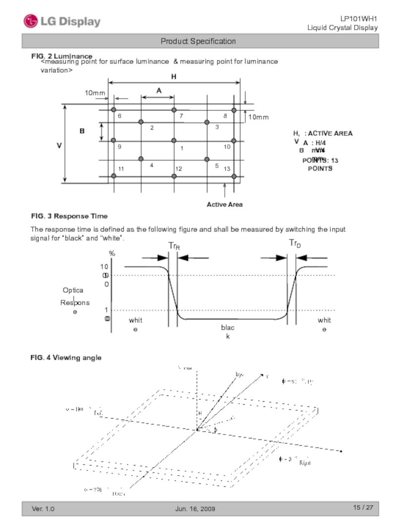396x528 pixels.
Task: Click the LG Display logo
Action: click(x=62, y=21)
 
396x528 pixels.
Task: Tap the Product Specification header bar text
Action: click(x=198, y=41)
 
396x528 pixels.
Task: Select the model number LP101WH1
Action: click(x=362, y=19)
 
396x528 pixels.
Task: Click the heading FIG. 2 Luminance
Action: click(x=61, y=56)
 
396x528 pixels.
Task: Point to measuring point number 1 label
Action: click(x=182, y=148)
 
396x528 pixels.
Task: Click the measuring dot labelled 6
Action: click(x=114, y=110)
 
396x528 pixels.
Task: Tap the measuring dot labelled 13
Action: click(x=234, y=176)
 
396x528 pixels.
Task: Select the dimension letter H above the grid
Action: click(x=174, y=77)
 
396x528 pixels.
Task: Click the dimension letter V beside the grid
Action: click(x=59, y=145)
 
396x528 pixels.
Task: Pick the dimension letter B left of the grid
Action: click(x=82, y=131)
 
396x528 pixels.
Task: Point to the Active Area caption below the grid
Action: click(x=225, y=204)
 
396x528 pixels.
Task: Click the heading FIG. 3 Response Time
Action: click(x=69, y=216)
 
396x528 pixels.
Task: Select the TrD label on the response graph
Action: click(x=295, y=243)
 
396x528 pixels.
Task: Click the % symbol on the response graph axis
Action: click(x=112, y=253)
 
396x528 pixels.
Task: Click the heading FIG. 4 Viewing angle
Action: click(x=66, y=357)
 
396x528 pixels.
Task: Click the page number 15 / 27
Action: click(x=363, y=508)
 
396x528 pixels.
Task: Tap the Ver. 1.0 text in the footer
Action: click(x=44, y=509)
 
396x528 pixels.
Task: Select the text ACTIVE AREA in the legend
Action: click(x=331, y=134)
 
